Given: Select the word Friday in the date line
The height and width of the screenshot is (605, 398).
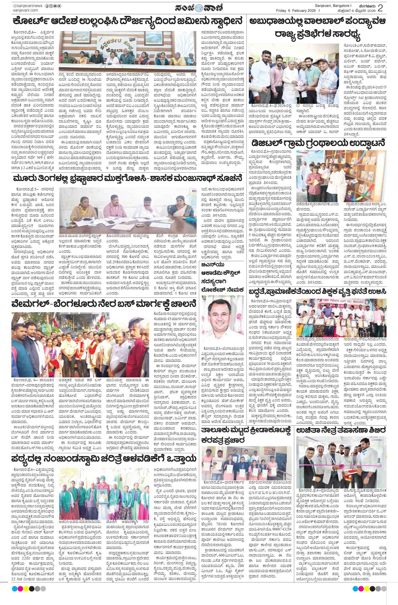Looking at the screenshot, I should click(x=281, y=10).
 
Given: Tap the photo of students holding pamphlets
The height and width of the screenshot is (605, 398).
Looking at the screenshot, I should click(x=246, y=460).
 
